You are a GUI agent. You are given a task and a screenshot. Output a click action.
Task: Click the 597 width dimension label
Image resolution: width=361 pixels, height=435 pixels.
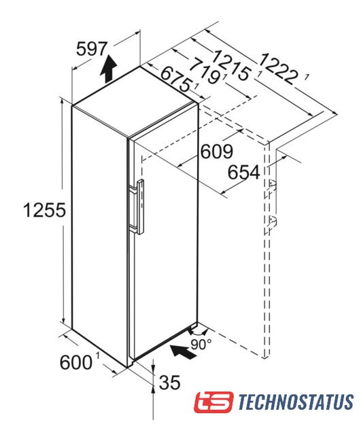tap(92, 49)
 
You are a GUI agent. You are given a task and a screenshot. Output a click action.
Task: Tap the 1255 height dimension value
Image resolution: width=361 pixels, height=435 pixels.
tap(45, 210)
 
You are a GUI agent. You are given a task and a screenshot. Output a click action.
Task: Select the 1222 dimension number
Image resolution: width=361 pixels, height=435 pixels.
tap(278, 69)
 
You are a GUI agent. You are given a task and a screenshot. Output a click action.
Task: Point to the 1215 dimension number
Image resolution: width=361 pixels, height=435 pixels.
tap(231, 65)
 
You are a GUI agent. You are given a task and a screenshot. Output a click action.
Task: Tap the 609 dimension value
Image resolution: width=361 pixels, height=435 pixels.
tap(217, 152)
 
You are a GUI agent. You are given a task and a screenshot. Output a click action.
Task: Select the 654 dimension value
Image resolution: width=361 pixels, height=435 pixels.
tap(244, 172)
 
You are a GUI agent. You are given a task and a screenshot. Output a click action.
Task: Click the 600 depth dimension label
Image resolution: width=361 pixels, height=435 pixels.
tap(75, 362)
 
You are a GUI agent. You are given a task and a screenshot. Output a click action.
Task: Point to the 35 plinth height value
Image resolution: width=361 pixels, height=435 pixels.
tap(169, 383)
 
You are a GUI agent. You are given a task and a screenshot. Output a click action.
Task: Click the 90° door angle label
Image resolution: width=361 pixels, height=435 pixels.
tap(201, 345)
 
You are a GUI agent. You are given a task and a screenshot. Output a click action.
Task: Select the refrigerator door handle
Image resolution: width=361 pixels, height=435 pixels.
tap(139, 207)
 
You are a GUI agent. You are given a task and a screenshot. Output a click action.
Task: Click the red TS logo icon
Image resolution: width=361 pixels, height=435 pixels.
tap(213, 402)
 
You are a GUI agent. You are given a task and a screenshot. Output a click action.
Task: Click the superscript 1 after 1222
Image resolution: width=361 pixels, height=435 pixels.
tap(307, 78)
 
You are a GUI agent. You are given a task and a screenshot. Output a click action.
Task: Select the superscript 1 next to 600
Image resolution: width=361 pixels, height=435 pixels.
tap(97, 355)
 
